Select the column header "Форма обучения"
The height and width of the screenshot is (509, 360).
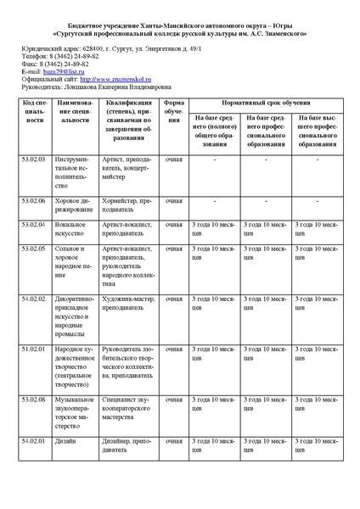coord(173,110)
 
